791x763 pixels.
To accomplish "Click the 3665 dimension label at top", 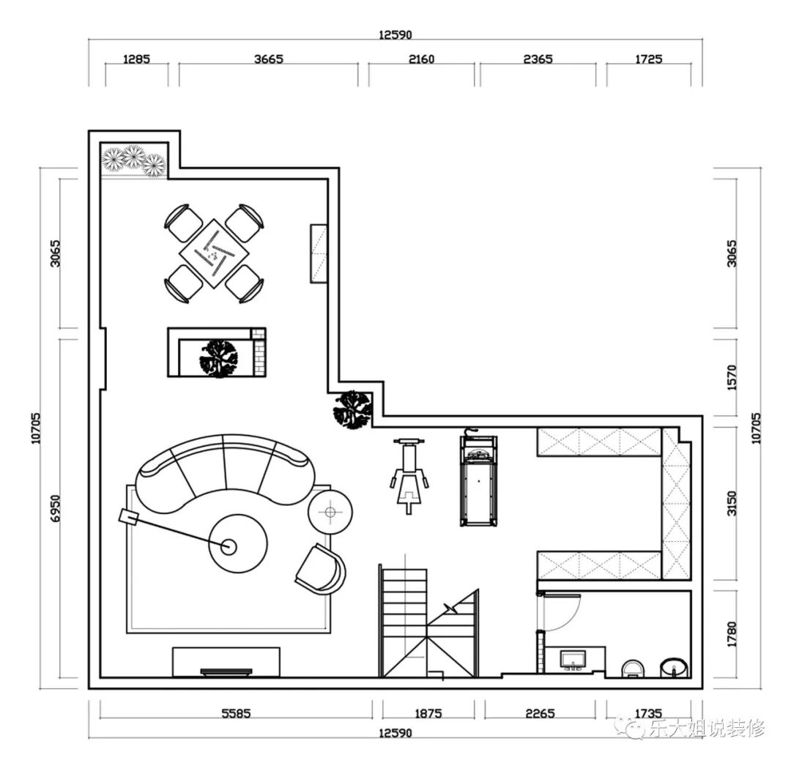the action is point(268,59).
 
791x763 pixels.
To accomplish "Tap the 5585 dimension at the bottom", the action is point(236,713).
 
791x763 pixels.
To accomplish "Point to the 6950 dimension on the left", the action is point(55,509).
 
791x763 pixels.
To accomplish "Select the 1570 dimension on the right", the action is point(732,377).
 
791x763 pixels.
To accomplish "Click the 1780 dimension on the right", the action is point(732,635).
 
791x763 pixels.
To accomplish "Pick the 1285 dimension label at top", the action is point(137,59).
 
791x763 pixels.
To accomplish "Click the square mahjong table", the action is point(215,253).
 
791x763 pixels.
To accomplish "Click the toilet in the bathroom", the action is point(632,669).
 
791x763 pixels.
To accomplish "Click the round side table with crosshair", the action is point(330,513).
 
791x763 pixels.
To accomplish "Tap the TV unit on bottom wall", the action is point(226,662).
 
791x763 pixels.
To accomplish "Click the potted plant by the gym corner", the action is point(352,409).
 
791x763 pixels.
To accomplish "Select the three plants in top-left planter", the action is point(134,160).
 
